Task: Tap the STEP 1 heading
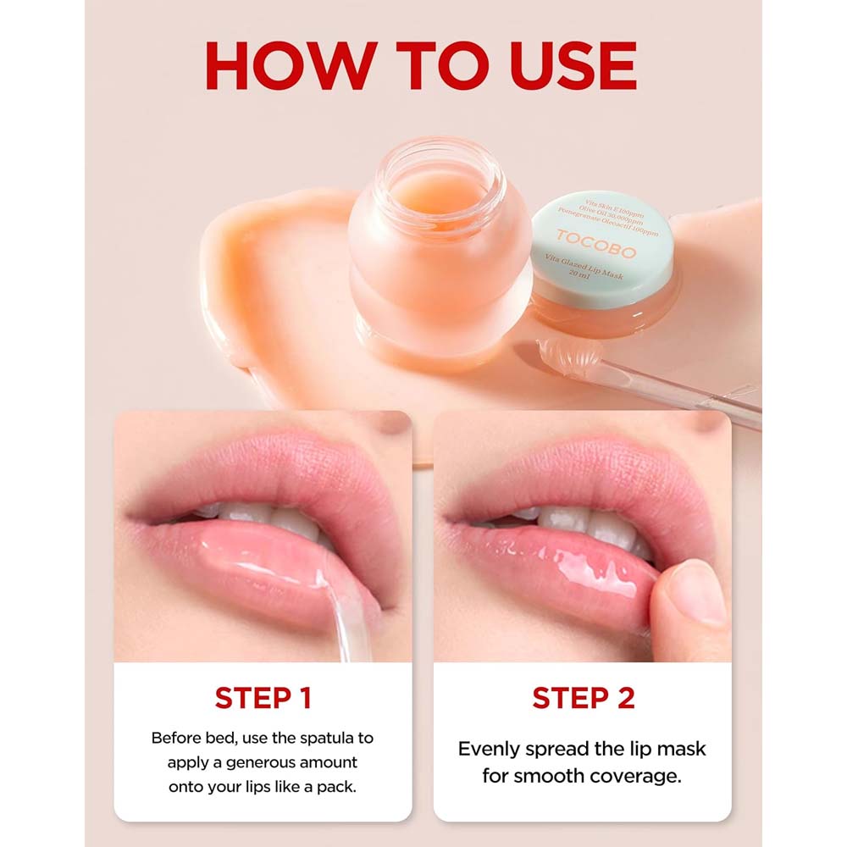point(263,698)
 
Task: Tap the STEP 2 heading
point(583,698)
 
